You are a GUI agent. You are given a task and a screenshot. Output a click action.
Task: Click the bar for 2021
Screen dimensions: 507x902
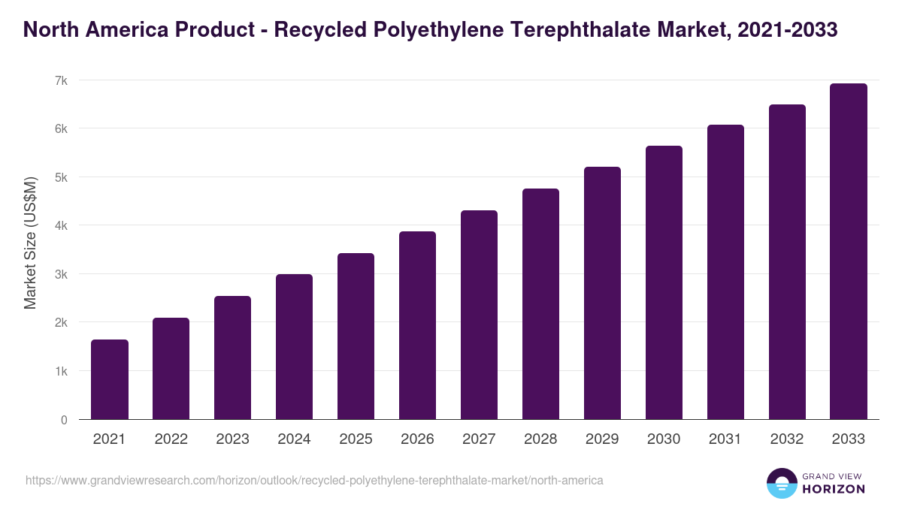click(110, 379)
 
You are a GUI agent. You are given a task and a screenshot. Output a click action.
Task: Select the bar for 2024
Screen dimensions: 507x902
click(295, 347)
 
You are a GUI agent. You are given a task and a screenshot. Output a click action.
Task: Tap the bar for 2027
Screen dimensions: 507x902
click(479, 315)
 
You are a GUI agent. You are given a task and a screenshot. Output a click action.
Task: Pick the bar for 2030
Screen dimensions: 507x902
click(664, 282)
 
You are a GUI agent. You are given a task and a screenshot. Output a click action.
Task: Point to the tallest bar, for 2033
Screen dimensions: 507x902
click(849, 252)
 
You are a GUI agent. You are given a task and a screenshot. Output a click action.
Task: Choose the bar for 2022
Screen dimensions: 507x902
click(171, 368)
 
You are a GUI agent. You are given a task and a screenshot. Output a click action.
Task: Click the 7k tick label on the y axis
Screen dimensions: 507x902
click(61, 80)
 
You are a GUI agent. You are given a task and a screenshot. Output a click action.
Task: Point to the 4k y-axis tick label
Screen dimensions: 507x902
click(61, 225)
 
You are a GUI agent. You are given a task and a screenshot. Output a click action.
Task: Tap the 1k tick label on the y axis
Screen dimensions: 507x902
click(61, 371)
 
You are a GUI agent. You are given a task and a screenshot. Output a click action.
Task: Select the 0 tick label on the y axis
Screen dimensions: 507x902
click(64, 420)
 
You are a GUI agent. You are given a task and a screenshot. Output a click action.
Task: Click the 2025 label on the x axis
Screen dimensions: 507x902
click(356, 439)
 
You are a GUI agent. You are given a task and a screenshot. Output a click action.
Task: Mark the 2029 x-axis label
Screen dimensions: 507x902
click(602, 439)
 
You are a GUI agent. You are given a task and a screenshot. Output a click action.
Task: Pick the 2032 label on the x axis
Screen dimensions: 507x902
click(787, 439)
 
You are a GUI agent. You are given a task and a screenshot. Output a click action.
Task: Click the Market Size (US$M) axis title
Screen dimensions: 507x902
click(30, 243)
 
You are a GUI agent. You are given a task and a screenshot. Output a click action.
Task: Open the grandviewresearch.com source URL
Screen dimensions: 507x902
click(314, 480)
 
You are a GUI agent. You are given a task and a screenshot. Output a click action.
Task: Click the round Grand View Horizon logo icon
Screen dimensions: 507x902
click(781, 483)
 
